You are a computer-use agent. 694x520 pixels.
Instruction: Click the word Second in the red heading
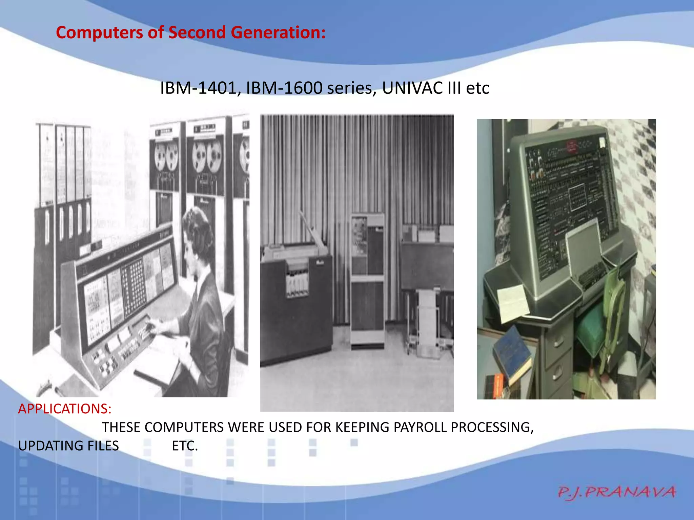click(197, 33)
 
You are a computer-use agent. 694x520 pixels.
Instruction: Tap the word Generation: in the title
click(278, 33)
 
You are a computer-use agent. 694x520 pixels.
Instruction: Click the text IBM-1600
click(284, 88)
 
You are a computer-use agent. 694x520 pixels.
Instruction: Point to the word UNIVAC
click(412, 88)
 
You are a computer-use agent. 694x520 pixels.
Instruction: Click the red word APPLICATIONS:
click(65, 409)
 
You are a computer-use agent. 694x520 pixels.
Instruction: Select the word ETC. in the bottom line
click(185, 446)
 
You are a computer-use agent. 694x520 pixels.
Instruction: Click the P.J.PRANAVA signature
click(617, 492)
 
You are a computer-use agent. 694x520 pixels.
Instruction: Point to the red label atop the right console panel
click(572, 146)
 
